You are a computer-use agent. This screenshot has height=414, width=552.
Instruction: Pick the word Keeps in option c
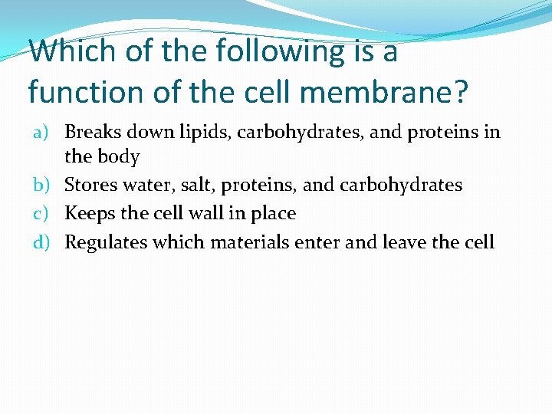[88, 213]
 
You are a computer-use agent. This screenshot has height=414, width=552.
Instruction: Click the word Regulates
[105, 243]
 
